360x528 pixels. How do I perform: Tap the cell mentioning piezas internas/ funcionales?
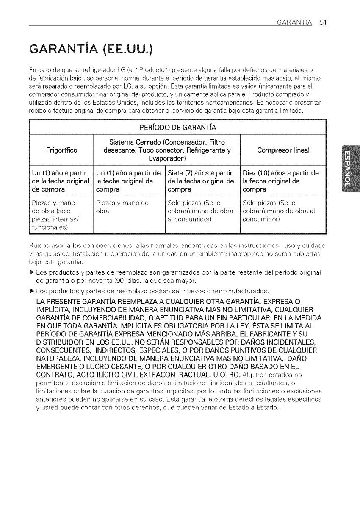click(x=62, y=214)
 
